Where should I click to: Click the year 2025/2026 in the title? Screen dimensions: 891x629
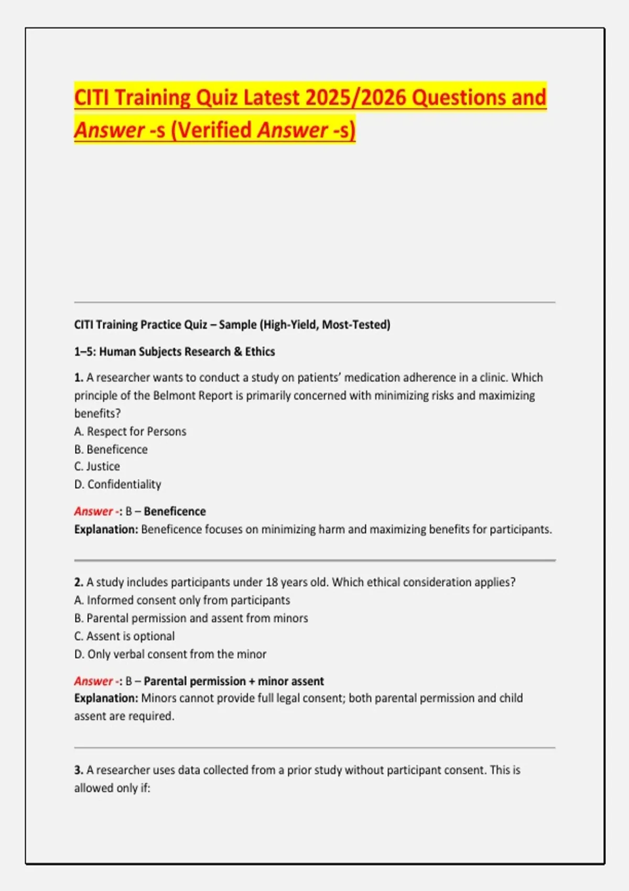click(355, 97)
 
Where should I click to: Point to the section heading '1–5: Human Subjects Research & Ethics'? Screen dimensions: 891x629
click(175, 352)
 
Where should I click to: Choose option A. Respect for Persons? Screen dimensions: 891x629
click(131, 431)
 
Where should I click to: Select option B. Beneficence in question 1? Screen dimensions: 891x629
click(111, 450)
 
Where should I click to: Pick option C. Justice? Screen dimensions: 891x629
click(97, 466)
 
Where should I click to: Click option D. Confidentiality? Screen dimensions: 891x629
click(118, 484)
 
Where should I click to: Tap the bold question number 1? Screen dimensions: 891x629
click(79, 377)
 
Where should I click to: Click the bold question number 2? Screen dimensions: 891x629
click(79, 582)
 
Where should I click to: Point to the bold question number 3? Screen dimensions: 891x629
click(79, 770)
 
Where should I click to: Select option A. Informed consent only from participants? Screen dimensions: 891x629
click(182, 600)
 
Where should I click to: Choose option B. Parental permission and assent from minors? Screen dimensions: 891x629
click(191, 618)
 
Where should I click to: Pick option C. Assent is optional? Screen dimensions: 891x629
click(125, 636)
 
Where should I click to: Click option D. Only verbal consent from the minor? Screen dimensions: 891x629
click(170, 654)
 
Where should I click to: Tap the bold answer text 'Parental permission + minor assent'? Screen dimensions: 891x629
click(234, 681)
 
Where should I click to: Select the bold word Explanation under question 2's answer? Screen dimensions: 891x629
click(106, 698)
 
